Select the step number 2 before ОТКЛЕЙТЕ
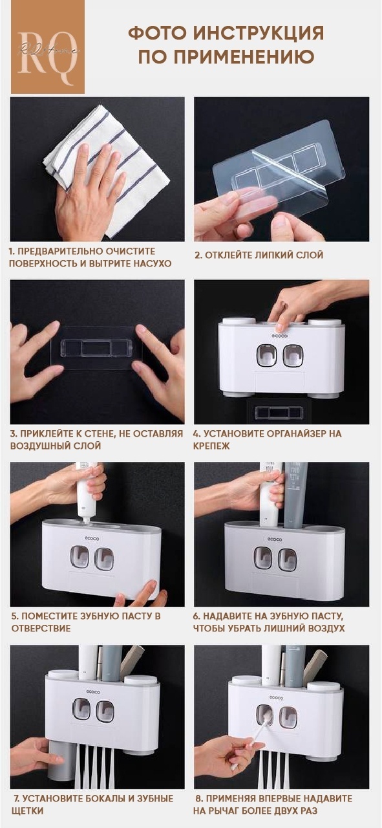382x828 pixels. (198, 255)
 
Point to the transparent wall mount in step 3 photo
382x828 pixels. (97, 348)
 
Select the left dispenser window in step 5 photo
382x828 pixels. (80, 558)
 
